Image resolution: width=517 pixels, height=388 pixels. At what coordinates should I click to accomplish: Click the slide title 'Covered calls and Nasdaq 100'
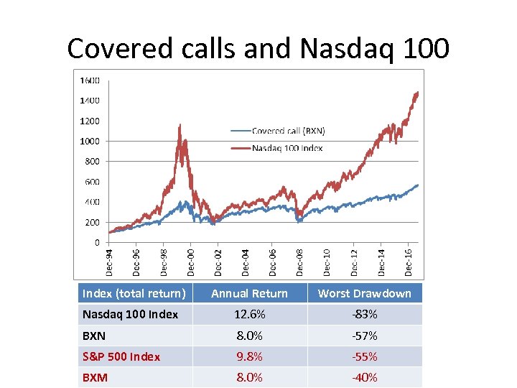click(258, 48)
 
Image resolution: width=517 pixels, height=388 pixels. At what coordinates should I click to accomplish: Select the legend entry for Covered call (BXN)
click(287, 131)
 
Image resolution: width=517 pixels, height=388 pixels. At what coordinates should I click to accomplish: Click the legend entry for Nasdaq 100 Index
click(287, 148)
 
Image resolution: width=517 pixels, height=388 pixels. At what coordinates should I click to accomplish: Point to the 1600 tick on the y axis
click(90, 80)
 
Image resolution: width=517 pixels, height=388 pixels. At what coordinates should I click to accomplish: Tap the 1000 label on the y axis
click(90, 141)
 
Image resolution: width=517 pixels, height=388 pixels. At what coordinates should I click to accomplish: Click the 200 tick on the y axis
click(92, 222)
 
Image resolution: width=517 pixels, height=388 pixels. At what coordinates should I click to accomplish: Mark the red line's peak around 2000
click(179, 125)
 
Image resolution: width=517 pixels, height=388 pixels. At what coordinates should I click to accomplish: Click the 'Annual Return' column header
click(249, 293)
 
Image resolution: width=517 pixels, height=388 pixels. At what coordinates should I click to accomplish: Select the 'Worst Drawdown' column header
click(364, 293)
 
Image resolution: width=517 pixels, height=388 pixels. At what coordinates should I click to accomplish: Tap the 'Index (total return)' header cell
click(134, 293)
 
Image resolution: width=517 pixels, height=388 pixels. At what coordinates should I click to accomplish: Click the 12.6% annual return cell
click(249, 314)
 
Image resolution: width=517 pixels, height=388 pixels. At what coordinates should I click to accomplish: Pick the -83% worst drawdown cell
click(364, 314)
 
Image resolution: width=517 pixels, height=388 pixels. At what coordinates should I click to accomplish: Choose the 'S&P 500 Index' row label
click(121, 356)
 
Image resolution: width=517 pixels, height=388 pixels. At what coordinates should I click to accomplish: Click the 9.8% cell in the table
click(249, 356)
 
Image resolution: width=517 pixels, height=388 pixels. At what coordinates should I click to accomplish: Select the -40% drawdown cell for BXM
click(364, 377)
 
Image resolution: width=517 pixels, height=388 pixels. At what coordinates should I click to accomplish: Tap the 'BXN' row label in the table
click(94, 336)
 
